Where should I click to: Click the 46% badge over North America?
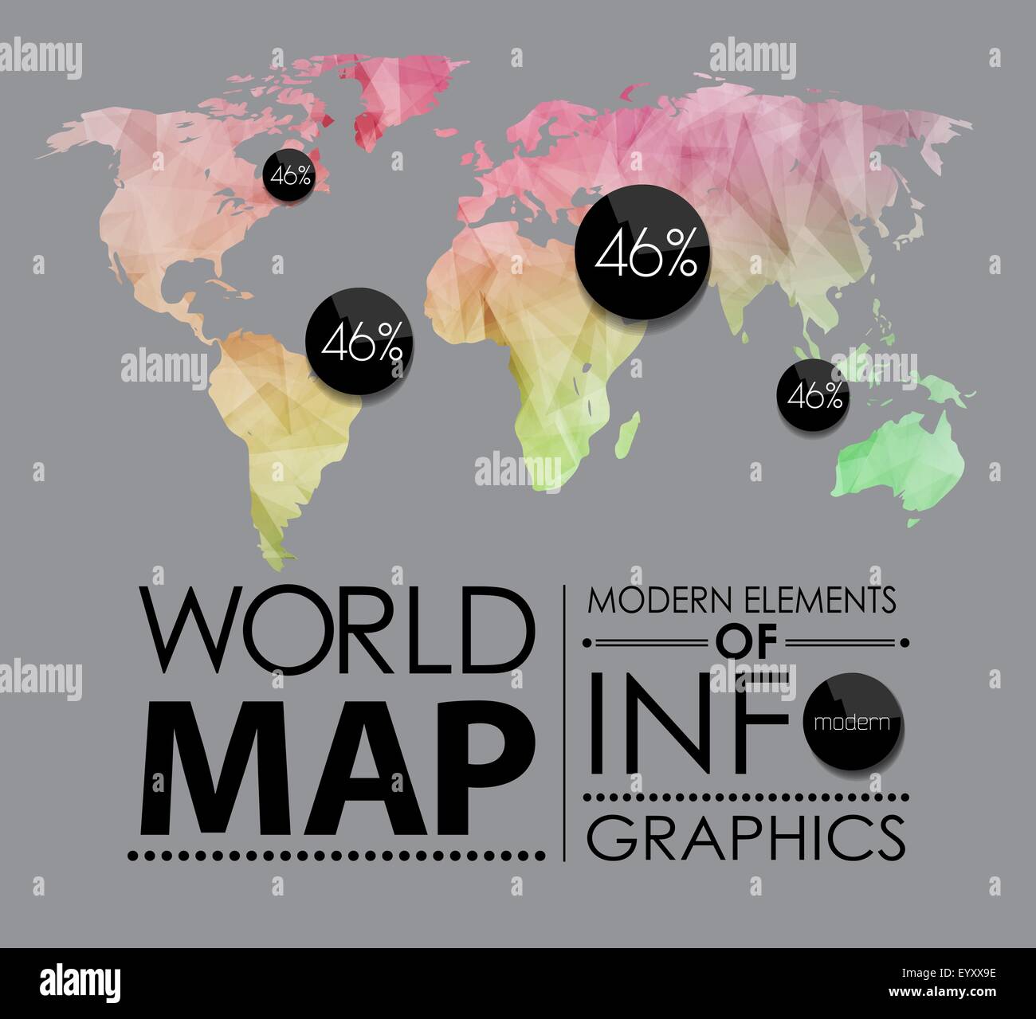click(x=290, y=175)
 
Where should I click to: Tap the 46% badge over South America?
click(x=361, y=343)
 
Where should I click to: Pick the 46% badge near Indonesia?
click(x=814, y=395)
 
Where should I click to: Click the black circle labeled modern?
click(x=853, y=722)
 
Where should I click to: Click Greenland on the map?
click(x=398, y=88)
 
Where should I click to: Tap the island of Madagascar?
click(x=630, y=431)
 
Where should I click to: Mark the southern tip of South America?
click(x=275, y=550)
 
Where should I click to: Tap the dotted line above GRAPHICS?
click(x=746, y=796)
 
